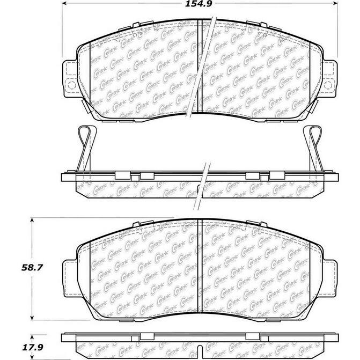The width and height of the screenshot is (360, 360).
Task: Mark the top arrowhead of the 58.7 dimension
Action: tap(34, 221)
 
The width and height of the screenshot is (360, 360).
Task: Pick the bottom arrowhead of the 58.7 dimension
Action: tap(34, 319)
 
